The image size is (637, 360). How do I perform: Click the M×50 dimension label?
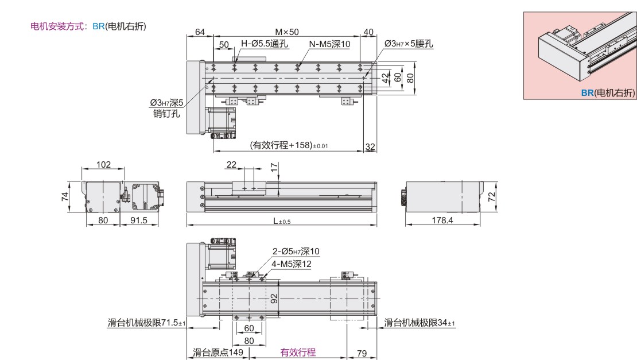287,32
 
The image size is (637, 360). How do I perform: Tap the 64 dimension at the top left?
200,32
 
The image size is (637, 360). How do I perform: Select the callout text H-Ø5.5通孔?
265,44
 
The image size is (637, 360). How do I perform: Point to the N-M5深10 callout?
329,44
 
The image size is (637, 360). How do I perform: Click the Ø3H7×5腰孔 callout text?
409,44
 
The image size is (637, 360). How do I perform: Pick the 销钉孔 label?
166,114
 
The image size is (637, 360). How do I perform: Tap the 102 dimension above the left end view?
103,165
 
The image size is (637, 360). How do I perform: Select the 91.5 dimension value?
139,220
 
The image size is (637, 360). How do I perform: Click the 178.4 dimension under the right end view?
442,220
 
